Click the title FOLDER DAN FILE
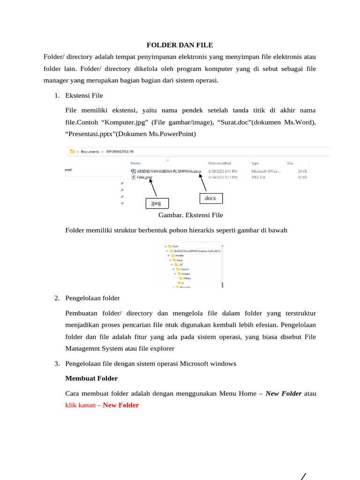(x=180, y=45)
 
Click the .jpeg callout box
(x=157, y=203)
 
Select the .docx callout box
(x=210, y=199)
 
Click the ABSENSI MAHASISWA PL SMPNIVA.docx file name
(x=169, y=171)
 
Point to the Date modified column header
(x=219, y=163)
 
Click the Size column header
(x=290, y=163)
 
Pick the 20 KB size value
(x=302, y=171)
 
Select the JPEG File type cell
(x=259, y=178)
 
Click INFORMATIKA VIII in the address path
(x=123, y=151)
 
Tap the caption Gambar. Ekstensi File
(x=191, y=215)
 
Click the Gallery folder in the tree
(x=187, y=278)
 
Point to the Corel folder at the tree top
(x=175, y=246)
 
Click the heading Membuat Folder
(x=91, y=378)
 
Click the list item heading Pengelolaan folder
(x=92, y=298)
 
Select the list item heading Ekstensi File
(x=84, y=96)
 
